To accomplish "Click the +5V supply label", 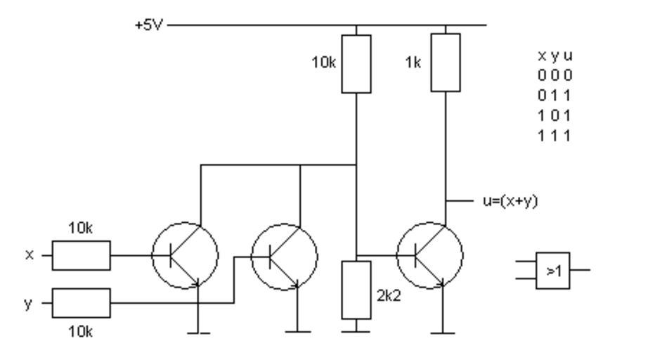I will tap(150, 26).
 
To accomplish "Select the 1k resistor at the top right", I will tap(446, 62).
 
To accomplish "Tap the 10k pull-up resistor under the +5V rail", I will tap(356, 63).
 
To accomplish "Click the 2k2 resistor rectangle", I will tap(356, 289).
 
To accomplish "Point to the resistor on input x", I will tap(82, 255).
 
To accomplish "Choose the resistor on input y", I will tap(82, 303).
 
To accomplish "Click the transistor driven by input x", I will tap(186, 255).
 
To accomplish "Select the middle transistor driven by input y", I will tap(285, 255).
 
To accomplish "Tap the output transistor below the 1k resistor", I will tap(430, 255).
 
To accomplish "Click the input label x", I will tap(30, 255).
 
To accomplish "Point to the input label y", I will tap(30, 303).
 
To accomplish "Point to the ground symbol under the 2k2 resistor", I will tap(356, 328).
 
